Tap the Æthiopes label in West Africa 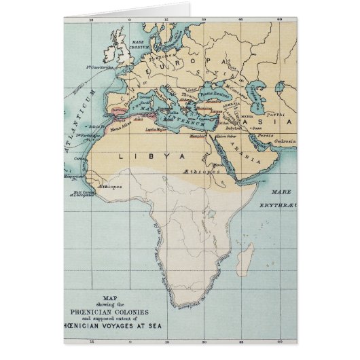(x=109, y=184)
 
